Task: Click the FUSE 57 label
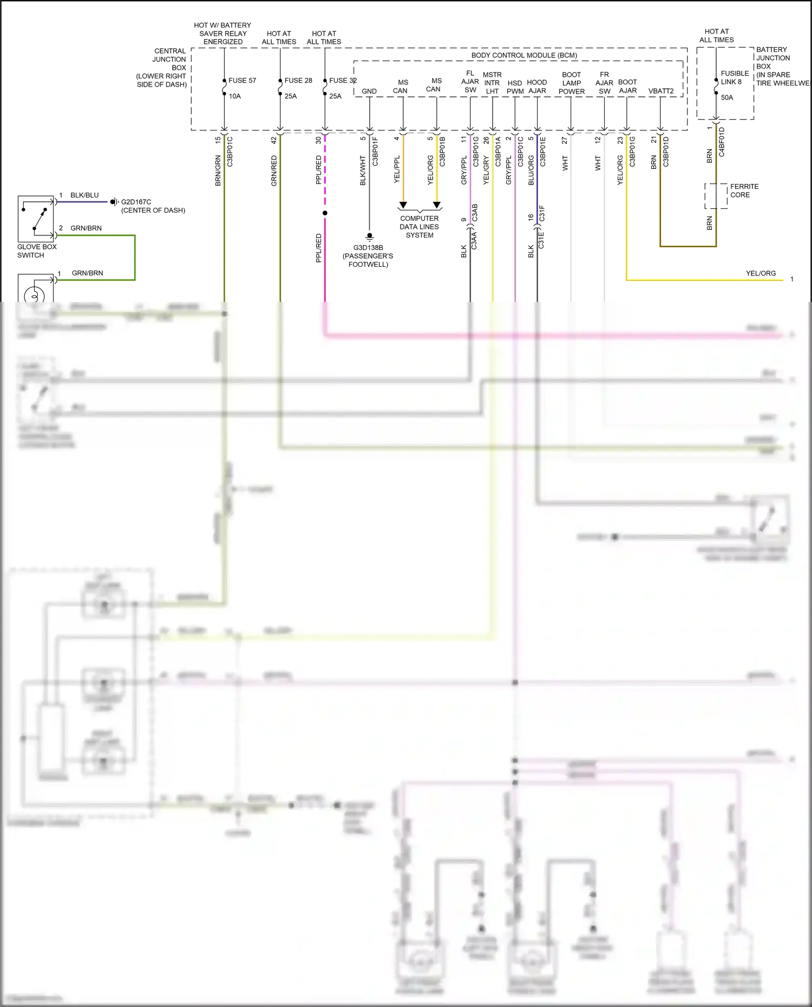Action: coord(242,80)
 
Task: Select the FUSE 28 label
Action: coord(298,80)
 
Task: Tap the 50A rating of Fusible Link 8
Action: coord(727,97)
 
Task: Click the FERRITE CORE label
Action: coord(744,190)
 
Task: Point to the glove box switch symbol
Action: coord(36,219)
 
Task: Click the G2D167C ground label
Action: coord(136,202)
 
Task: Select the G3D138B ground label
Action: coord(368,248)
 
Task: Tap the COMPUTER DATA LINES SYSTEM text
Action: coord(420,227)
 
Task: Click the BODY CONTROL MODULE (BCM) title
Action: coord(524,55)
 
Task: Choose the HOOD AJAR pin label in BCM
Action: coord(537,87)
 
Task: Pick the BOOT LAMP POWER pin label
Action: coord(572,83)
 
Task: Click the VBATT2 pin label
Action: coord(661,91)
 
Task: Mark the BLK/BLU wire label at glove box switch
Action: coord(84,195)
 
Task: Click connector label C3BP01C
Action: coord(230,151)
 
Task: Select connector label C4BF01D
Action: coord(722,142)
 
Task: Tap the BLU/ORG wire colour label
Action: coord(531,170)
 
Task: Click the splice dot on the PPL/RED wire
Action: coord(325,213)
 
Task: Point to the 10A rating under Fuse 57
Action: coord(234,96)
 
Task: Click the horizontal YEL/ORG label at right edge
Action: coord(761,273)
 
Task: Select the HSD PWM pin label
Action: coord(515,87)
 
